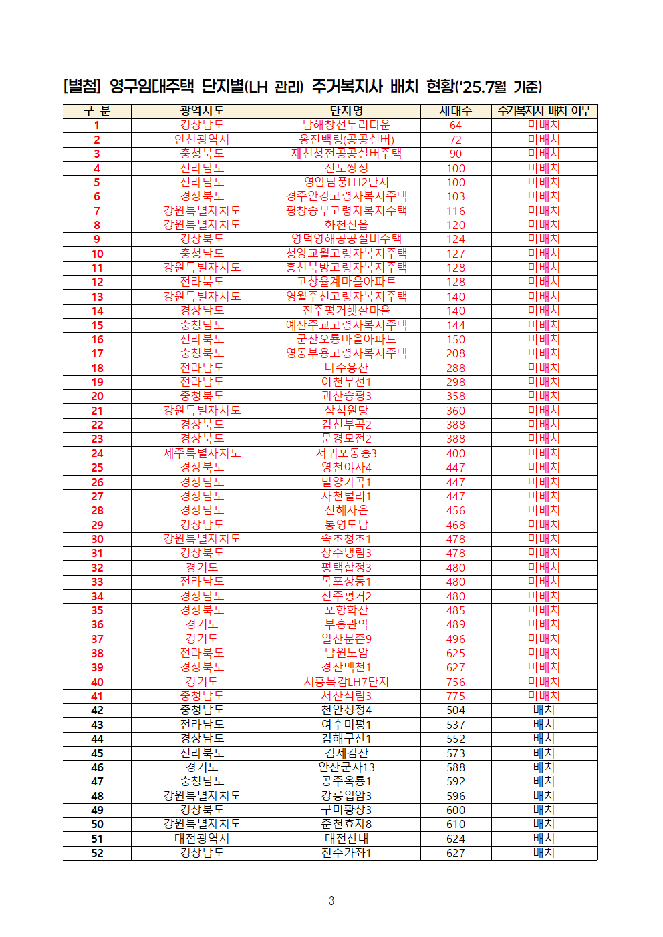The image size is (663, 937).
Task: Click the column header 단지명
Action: pyautogui.click(x=346, y=111)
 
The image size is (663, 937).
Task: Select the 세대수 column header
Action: pyautogui.click(x=455, y=111)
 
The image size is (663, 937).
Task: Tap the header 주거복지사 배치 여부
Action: pyautogui.click(x=543, y=111)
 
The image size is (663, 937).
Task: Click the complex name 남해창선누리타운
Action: pyautogui.click(x=346, y=125)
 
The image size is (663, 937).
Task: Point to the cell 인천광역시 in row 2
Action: pyautogui.click(x=201, y=140)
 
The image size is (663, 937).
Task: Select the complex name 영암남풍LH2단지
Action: pyautogui.click(x=346, y=182)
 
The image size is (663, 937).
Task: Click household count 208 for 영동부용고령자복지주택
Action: pyautogui.click(x=455, y=353)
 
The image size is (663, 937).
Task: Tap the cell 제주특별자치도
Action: pyautogui.click(x=201, y=453)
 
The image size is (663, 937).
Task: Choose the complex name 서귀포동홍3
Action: pyautogui.click(x=346, y=453)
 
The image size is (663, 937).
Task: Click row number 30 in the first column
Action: pyautogui.click(x=97, y=539)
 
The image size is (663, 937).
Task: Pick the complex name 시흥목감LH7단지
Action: pyautogui.click(x=346, y=682)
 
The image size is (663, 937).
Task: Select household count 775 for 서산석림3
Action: pyautogui.click(x=455, y=696)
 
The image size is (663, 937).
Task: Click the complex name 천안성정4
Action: pyautogui.click(x=346, y=710)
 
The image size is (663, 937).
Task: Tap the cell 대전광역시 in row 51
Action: pyautogui.click(x=201, y=839)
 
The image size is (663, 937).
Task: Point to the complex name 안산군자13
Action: pyautogui.click(x=346, y=767)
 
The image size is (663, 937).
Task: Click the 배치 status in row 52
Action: pyautogui.click(x=543, y=853)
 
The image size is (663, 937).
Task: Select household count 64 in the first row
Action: pyautogui.click(x=455, y=125)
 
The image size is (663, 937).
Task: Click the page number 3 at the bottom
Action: pyautogui.click(x=331, y=901)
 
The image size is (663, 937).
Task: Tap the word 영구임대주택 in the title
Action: pyautogui.click(x=151, y=87)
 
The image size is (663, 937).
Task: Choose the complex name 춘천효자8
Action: pyautogui.click(x=346, y=824)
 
